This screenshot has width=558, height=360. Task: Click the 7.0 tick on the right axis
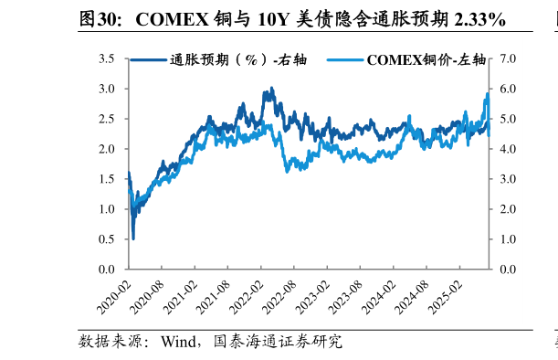tap(509, 59)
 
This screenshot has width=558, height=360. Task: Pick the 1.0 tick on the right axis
tap(509, 239)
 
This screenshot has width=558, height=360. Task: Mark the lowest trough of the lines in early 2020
tap(133, 238)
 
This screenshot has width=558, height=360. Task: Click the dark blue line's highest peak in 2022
tap(270, 89)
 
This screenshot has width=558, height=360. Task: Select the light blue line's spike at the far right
tap(488, 92)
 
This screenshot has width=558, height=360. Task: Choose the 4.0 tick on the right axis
tap(509, 149)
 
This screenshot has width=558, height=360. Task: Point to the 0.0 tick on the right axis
tap(509, 270)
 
